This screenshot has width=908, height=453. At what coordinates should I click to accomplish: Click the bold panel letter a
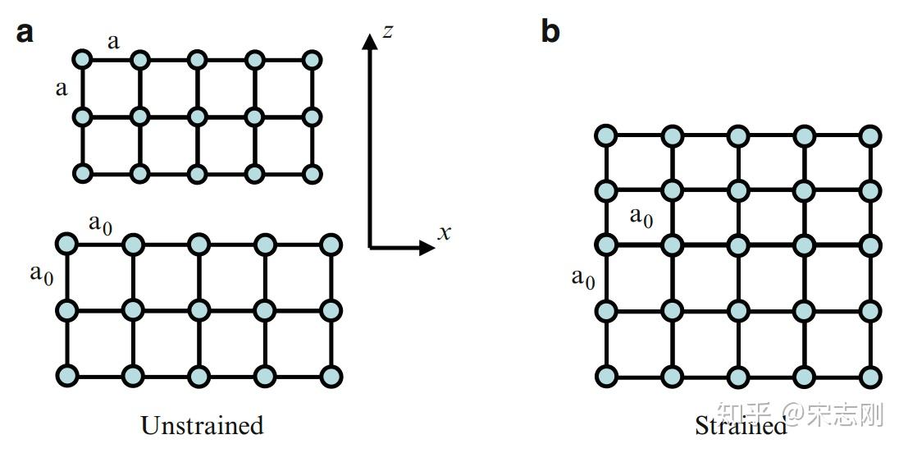[25, 34]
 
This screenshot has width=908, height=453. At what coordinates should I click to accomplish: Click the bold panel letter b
[550, 32]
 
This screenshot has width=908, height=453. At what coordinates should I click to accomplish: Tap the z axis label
[389, 32]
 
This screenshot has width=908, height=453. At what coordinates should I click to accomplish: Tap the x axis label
[444, 233]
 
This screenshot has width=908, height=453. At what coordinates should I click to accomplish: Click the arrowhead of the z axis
[370, 40]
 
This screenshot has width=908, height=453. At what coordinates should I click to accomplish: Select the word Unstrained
[202, 426]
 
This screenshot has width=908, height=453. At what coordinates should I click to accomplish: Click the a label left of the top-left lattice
[62, 88]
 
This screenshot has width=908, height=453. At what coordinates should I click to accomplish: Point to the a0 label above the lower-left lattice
[100, 224]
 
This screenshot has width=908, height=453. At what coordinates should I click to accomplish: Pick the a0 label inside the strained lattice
[641, 217]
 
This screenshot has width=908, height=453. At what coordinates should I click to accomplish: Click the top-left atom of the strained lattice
[605, 136]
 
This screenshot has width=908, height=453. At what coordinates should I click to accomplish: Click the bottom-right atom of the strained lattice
[871, 377]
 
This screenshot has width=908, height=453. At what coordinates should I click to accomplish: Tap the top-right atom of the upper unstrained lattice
[312, 59]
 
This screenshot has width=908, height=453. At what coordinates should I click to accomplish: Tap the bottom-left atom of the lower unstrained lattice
[67, 375]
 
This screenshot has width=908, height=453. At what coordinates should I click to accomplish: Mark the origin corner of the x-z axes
[370, 245]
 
